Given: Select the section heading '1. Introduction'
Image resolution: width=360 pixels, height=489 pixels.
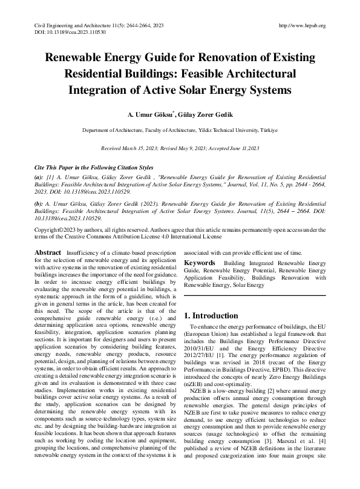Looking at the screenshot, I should (x=215, y=315).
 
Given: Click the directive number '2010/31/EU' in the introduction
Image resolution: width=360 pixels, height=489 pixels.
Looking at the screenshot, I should (x=198, y=349).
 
